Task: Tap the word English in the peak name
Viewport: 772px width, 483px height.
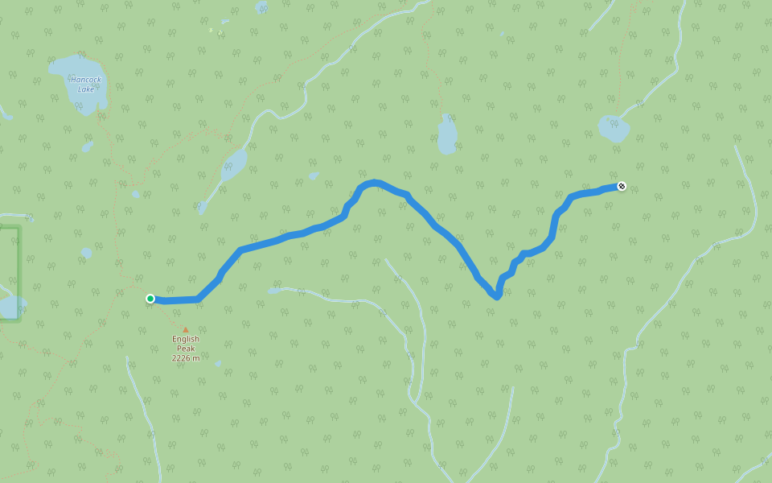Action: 185,339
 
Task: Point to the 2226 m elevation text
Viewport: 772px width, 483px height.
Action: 185,358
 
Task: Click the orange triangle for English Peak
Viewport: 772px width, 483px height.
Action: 185,329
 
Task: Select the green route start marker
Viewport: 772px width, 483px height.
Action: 150,299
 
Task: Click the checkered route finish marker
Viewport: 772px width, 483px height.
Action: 622,187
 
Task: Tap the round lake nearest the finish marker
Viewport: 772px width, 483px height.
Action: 613,127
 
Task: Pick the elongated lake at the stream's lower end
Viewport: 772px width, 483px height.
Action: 233,165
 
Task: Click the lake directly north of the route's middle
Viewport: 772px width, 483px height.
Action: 446,134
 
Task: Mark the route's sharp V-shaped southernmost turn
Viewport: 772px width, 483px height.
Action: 497,296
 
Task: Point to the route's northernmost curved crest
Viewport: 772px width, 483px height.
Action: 372,184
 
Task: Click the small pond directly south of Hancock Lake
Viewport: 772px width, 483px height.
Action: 87,147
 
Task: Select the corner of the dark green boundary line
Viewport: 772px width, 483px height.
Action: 18,229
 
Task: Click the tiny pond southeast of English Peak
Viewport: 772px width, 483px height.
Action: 218,363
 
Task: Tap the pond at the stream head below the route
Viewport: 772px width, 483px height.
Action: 274,290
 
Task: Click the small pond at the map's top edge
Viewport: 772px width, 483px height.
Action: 262,6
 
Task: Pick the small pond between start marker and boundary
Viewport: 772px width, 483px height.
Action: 86,253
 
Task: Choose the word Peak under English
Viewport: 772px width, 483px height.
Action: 185,349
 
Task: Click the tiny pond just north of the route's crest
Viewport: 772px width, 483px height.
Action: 314,175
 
